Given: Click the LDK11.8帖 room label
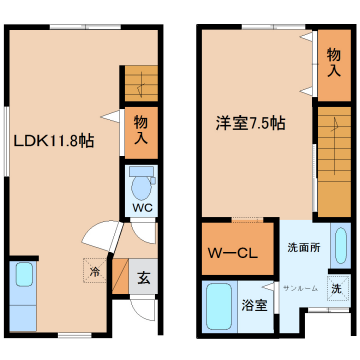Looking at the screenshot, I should click(x=54, y=142).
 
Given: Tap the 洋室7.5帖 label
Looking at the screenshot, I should click(x=251, y=124).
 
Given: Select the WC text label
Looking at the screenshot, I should click(x=142, y=209).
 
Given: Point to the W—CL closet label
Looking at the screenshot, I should click(x=233, y=252).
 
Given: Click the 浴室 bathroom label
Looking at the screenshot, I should click(x=254, y=305).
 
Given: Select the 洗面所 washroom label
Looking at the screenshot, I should click(x=303, y=247).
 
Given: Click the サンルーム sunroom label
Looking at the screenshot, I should click(x=300, y=288).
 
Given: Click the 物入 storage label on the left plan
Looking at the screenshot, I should click(x=142, y=131).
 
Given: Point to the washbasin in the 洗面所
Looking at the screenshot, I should click(x=341, y=245).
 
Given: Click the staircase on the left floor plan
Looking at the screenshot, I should click(x=141, y=83).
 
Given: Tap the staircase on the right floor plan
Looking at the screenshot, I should click(x=333, y=160).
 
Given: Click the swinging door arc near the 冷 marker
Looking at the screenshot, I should click(x=100, y=238).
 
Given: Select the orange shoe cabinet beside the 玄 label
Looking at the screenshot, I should click(x=120, y=278).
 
